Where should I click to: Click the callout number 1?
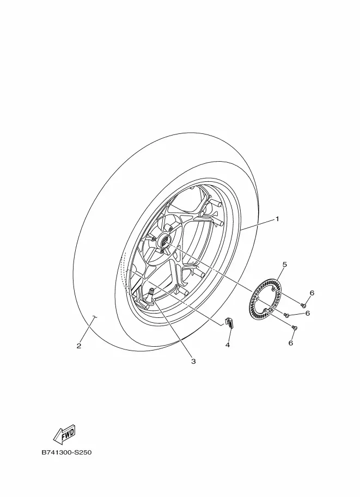pyautogui.click(x=277, y=219)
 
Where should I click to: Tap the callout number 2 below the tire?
pyautogui.click(x=78, y=346)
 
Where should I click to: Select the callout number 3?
pyautogui.click(x=193, y=361)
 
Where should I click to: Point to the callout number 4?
pyautogui.click(x=228, y=345)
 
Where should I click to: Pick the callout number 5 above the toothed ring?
pyautogui.click(x=284, y=264)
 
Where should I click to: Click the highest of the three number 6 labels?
pyautogui.click(x=312, y=293)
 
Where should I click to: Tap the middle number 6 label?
pyautogui.click(x=307, y=313)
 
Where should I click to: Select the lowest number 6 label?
pyautogui.click(x=290, y=342)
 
